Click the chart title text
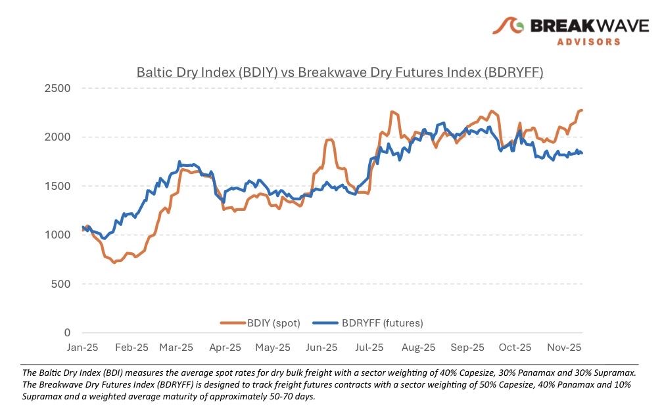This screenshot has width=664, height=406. click(x=340, y=72)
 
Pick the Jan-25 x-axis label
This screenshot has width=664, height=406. click(x=83, y=347)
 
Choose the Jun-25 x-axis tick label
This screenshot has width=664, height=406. click(x=322, y=347)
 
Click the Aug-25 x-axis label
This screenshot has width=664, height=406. click(x=419, y=347)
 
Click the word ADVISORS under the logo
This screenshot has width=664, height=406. click(x=589, y=41)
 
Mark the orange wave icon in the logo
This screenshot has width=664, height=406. click(x=509, y=26)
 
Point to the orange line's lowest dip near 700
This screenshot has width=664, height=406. click(x=114, y=263)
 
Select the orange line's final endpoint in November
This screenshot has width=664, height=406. click(x=582, y=110)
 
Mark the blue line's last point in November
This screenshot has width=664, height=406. click(x=582, y=153)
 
